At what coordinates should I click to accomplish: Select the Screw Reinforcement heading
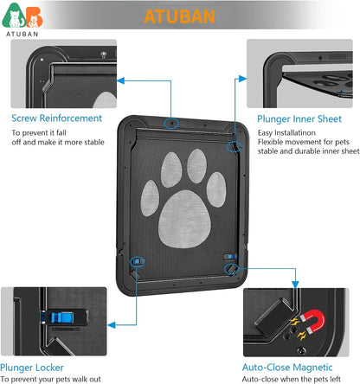click(x=56, y=118)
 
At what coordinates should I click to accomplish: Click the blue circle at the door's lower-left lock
click(x=136, y=260)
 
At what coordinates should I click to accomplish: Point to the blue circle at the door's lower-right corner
click(x=231, y=270)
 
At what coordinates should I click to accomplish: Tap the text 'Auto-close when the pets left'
click(x=299, y=379)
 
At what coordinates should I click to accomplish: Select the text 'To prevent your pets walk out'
click(x=62, y=379)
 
